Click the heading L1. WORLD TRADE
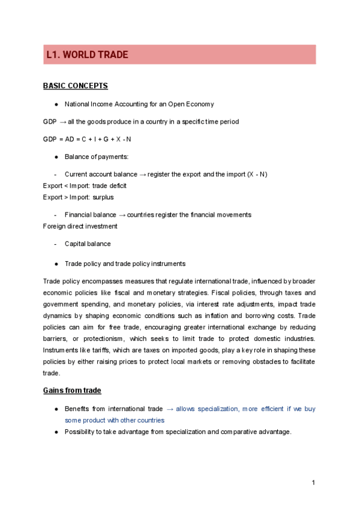(87, 55)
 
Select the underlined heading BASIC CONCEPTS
(76, 86)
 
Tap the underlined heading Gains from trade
(71, 390)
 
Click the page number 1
(313, 483)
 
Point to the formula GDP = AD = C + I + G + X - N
(87, 139)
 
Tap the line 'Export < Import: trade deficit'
(85, 185)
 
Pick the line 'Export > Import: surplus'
(78, 197)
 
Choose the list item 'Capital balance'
(88, 244)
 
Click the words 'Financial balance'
(91, 214)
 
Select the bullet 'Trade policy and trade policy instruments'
(125, 264)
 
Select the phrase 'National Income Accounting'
(104, 104)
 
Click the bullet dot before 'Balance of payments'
(56, 157)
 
